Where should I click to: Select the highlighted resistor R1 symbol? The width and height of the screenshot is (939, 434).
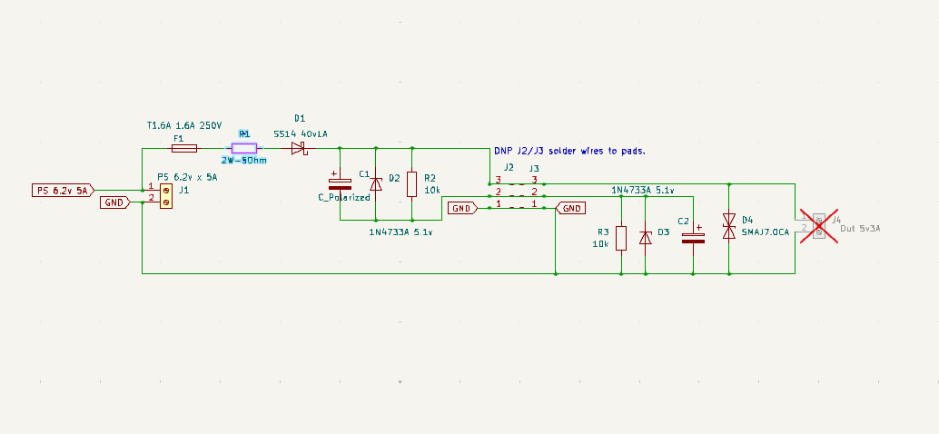[243, 148]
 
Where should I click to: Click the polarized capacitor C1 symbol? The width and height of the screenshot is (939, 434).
[339, 183]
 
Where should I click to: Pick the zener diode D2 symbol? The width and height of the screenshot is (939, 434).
[375, 183]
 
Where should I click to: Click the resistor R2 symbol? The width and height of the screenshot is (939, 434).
[411, 184]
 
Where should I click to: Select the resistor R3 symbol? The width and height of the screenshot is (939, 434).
[620, 238]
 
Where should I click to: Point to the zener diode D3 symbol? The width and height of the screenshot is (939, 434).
[645, 238]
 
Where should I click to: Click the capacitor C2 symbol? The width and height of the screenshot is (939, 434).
[693, 238]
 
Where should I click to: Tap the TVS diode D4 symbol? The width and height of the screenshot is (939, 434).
[728, 226]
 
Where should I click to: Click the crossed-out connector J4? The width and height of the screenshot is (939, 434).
[819, 226]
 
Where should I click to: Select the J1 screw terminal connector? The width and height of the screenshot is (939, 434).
[166, 195]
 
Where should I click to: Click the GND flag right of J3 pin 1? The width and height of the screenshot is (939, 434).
[571, 208]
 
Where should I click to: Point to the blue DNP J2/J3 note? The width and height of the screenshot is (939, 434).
[575, 151]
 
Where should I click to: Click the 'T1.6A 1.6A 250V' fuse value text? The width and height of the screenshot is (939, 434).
[184, 125]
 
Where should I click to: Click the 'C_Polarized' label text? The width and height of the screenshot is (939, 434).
[343, 197]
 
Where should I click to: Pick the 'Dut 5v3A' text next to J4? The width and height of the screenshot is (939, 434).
[860, 228]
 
